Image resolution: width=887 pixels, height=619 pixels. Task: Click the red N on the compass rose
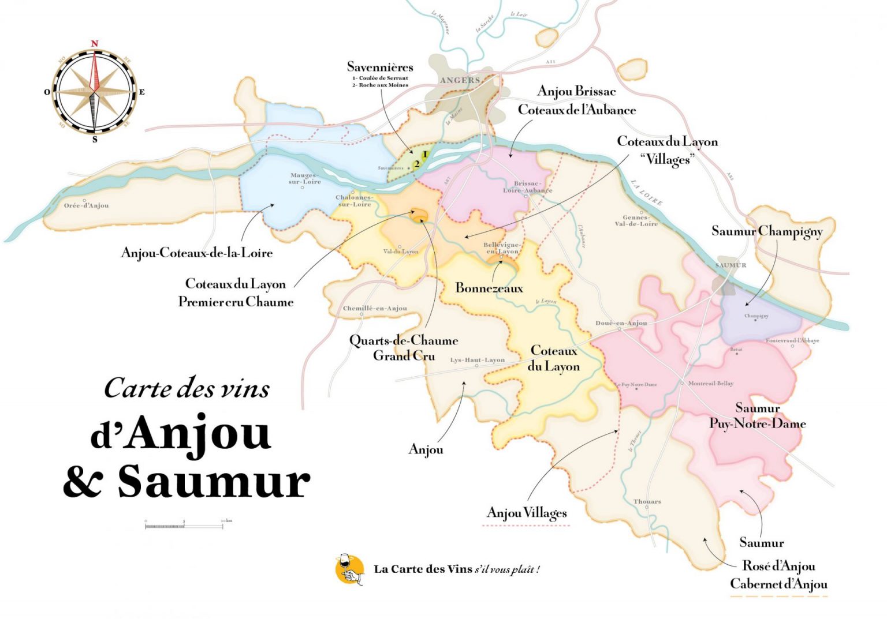coord(95,44)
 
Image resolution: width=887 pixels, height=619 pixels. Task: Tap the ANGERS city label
coord(460,81)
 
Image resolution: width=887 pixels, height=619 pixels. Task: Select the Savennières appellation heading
coord(380,67)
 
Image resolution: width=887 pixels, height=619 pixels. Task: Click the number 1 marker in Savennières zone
coord(424,154)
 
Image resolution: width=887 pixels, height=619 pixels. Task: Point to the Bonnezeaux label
coord(489,288)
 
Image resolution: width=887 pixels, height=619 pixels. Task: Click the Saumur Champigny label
coord(767,231)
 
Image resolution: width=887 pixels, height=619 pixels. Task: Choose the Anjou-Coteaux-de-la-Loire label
coord(196,253)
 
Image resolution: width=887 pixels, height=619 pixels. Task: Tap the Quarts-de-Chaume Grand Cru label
coord(404,348)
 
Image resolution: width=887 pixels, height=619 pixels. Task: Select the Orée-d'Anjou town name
coord(86,205)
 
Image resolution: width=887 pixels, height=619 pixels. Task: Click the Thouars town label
coord(647,501)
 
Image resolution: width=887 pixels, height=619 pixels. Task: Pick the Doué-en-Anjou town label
coord(621,323)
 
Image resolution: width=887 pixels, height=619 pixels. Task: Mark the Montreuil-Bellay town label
coord(710,383)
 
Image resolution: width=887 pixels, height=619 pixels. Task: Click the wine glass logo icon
coord(349,570)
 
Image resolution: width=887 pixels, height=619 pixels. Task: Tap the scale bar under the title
coord(184,526)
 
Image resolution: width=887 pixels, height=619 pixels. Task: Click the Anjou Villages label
coord(527,513)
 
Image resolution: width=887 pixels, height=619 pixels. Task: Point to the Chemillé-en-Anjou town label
coord(375,308)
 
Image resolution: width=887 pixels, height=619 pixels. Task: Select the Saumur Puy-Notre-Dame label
coord(757,416)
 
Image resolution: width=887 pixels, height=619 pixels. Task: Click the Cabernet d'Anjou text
coord(778,584)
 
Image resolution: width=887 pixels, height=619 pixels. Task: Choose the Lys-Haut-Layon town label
coord(477,360)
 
